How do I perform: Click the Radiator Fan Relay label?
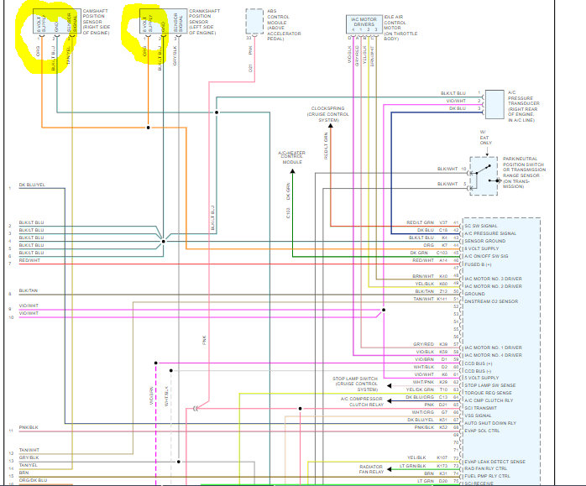click(x=371, y=468)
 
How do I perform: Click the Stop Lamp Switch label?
click(x=355, y=384)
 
